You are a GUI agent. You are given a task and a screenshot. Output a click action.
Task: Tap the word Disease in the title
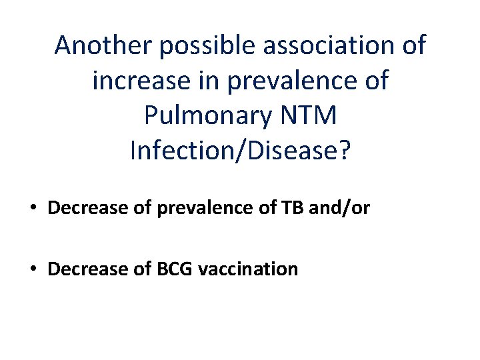[x=295, y=150]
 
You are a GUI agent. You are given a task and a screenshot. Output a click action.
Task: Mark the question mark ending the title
[x=343, y=150]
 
